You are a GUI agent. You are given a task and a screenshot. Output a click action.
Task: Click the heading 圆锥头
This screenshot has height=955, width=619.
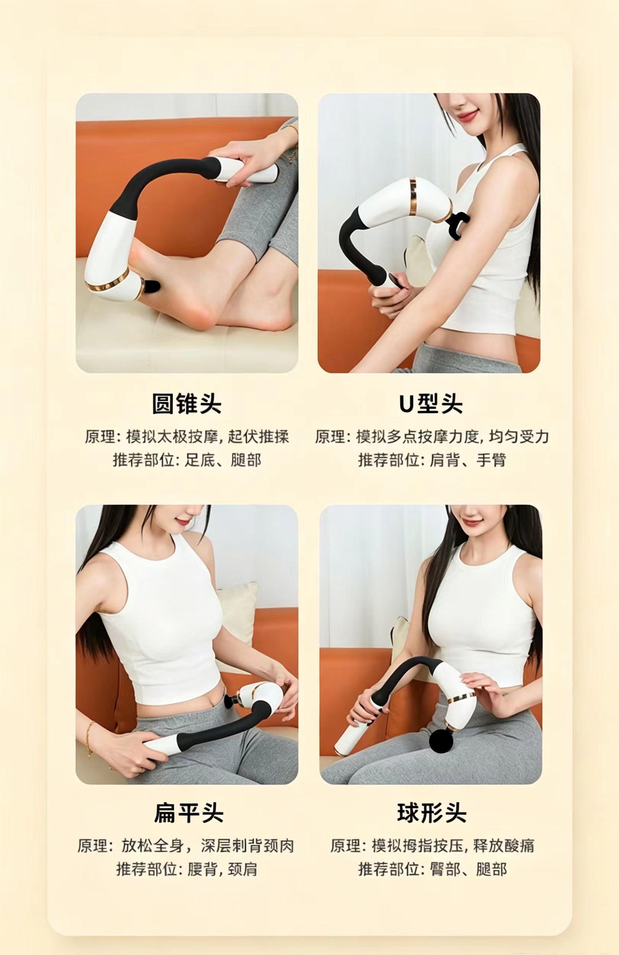point(187,403)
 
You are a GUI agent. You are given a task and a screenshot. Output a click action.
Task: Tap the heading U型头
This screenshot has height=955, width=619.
point(430,403)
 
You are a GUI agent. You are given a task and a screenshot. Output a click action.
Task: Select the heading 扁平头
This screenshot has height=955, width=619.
point(189,813)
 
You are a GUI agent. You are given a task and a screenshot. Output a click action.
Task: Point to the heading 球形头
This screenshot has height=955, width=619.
point(432,813)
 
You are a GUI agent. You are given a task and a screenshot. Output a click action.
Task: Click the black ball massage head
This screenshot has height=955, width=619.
point(441,742)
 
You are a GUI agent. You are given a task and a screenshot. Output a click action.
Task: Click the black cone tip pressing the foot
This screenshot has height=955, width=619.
point(152,286)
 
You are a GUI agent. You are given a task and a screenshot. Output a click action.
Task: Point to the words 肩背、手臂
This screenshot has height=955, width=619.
point(468,460)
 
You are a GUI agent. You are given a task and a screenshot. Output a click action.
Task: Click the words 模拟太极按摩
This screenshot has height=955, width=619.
point(172,437)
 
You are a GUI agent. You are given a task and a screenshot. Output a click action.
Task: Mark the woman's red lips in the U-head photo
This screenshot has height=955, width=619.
point(467,115)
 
